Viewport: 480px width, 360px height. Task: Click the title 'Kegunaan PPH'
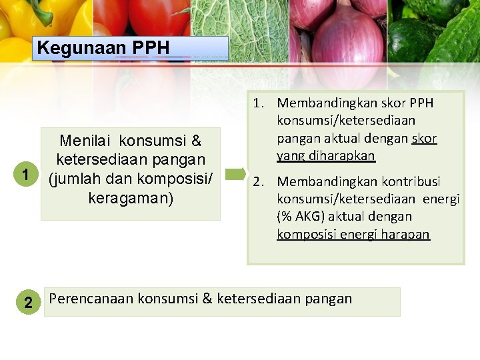point(103,48)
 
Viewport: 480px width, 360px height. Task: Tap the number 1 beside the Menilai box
point(25,175)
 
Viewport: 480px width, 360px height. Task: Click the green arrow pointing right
point(236,175)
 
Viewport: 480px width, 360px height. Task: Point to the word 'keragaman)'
point(131,199)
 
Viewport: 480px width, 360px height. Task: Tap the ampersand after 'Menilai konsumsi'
point(196,141)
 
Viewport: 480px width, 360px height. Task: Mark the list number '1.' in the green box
point(259,103)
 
